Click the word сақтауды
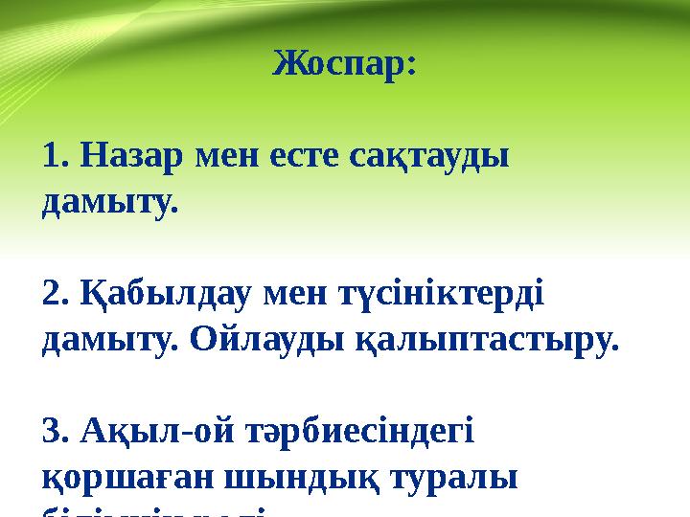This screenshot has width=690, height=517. tap(425, 156)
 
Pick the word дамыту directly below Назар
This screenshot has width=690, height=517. tap(109, 203)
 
